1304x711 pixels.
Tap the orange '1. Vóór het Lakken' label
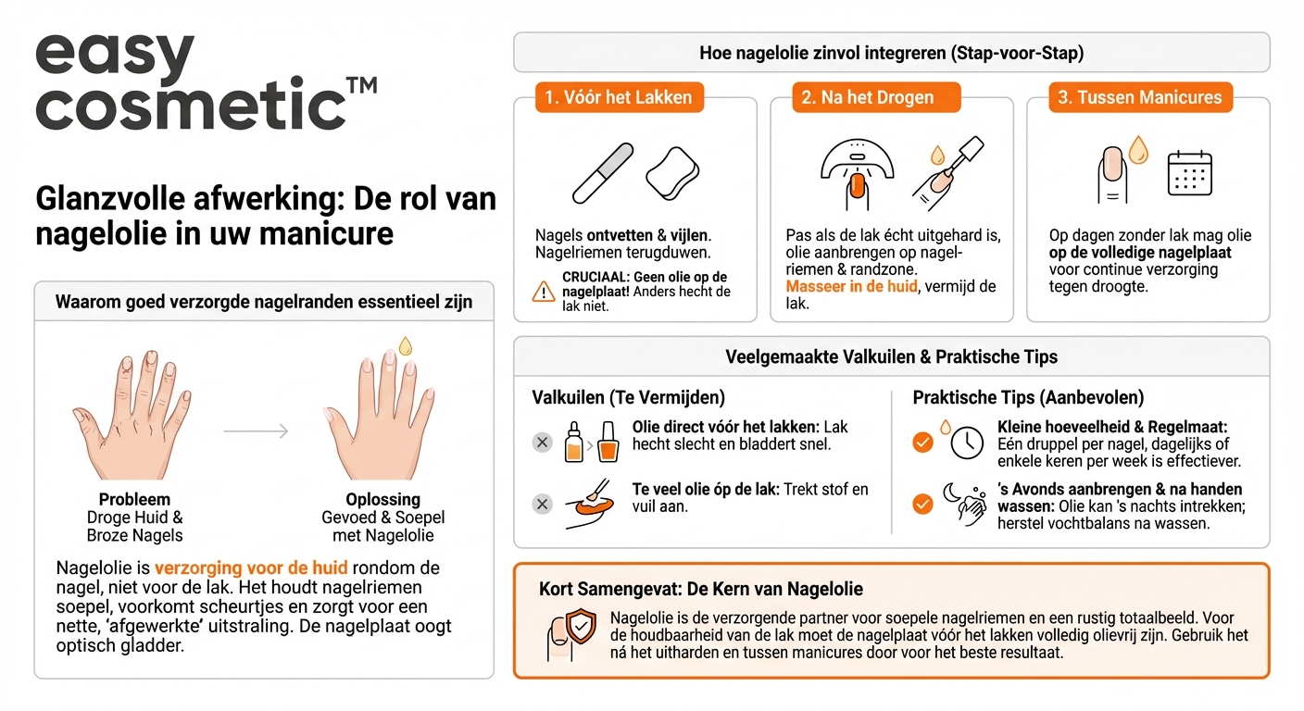pyautogui.click(x=618, y=97)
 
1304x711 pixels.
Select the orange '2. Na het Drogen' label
pyautogui.click(x=875, y=97)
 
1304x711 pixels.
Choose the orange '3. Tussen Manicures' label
pyautogui.click(x=1140, y=97)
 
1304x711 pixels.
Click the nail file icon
pyautogui.click(x=603, y=173)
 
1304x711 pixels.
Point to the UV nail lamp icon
pyautogui.click(x=857, y=171)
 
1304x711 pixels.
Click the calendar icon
pyautogui.click(x=1189, y=173)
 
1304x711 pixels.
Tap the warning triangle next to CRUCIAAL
pyautogui.click(x=544, y=292)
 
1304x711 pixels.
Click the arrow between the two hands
pyautogui.click(x=256, y=430)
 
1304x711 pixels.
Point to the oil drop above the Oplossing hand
pyautogui.click(x=405, y=346)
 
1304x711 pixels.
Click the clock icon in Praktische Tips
pyautogui.click(x=967, y=443)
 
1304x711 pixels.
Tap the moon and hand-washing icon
pyautogui.click(x=965, y=505)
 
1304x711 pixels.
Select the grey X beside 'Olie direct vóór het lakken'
pyautogui.click(x=543, y=443)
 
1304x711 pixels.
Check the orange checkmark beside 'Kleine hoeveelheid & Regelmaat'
pyautogui.click(x=922, y=443)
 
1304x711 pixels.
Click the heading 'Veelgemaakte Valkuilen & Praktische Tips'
pyautogui.click(x=891, y=357)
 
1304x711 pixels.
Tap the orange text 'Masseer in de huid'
pyautogui.click(x=851, y=287)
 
